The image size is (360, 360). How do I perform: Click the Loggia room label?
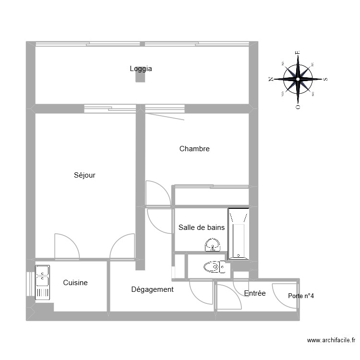point(141,69)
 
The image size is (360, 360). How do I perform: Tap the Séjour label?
point(84,175)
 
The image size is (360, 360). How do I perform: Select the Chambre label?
point(194,149)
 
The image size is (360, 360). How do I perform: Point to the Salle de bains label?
point(201,228)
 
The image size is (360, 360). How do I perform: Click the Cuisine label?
point(75,283)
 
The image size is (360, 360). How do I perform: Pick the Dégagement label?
point(152,289)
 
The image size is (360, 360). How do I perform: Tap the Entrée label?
point(254,293)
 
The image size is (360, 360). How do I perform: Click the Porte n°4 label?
point(301,296)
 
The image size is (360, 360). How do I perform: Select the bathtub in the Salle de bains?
point(239,234)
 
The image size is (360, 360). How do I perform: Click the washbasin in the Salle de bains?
point(212,247)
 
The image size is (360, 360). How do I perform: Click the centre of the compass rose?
point(298,79)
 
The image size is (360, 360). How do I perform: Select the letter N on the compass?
point(271,79)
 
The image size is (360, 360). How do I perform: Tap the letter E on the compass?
point(298,53)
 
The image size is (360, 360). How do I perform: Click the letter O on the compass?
point(298,106)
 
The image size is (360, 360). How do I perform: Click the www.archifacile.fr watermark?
point(331,340)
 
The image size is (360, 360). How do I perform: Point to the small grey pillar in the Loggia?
point(140,77)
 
